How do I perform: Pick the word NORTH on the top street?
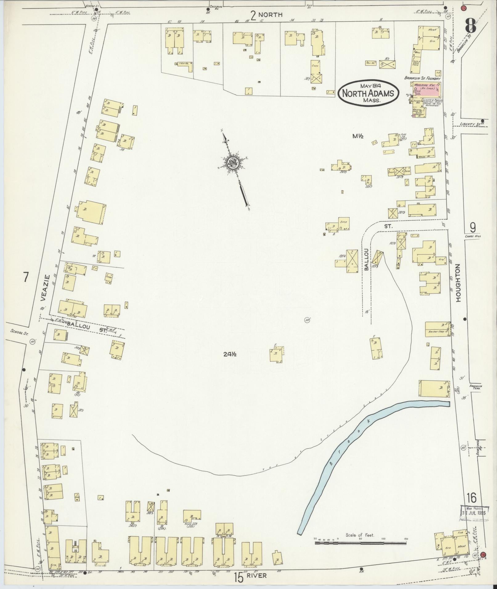point(271,14)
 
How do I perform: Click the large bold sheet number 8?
point(470,25)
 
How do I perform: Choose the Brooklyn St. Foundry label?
point(422,79)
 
